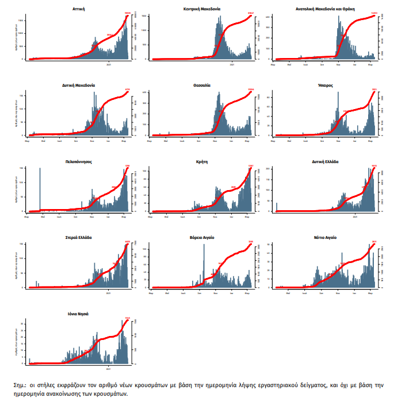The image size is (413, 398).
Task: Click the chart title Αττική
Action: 80,10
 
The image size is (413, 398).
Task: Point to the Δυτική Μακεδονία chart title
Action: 79,85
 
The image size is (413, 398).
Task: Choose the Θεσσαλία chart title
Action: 202,85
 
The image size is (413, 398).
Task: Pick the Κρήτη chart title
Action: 202,162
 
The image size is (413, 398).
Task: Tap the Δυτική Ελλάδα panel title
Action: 325,162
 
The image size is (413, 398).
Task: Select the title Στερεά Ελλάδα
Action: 79,237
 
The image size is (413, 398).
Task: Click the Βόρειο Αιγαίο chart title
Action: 202,237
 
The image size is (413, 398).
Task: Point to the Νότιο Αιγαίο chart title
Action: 325,237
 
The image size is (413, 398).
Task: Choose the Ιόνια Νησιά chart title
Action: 78,314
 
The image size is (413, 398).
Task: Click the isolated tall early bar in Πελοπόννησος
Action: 40,190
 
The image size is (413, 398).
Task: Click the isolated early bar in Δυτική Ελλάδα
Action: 277,207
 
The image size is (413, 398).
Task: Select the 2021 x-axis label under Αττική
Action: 109,64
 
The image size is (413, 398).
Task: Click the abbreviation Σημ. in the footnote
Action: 20,384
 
